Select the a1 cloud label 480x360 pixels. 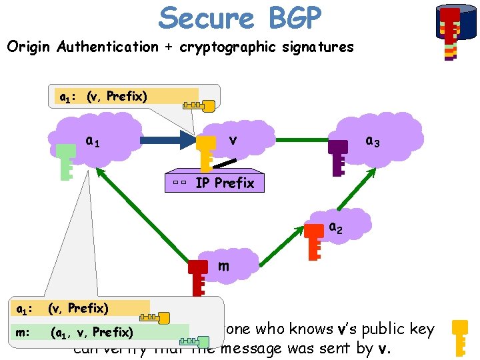click(94, 141)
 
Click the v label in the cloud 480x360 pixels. click(233, 140)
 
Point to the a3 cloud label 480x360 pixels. click(373, 141)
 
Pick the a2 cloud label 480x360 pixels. click(337, 227)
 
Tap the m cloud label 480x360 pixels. click(224, 266)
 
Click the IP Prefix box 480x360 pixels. click(215, 183)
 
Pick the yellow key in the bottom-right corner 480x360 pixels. click(461, 337)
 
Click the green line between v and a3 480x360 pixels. click(303, 141)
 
